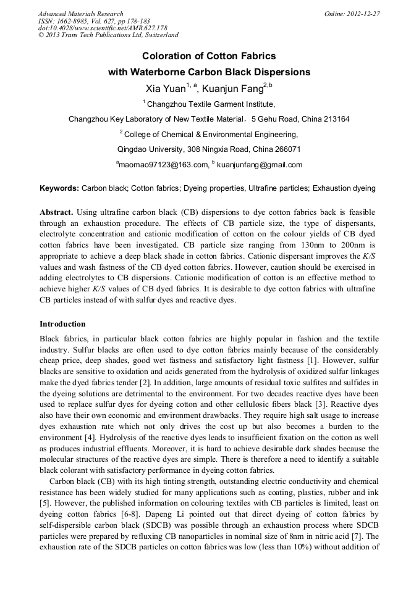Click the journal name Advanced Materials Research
tap(80, 14)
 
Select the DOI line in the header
tap(103, 28)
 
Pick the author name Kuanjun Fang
tap(232, 88)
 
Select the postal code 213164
tap(334, 119)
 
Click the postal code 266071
tap(286, 149)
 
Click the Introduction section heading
tap(62, 324)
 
